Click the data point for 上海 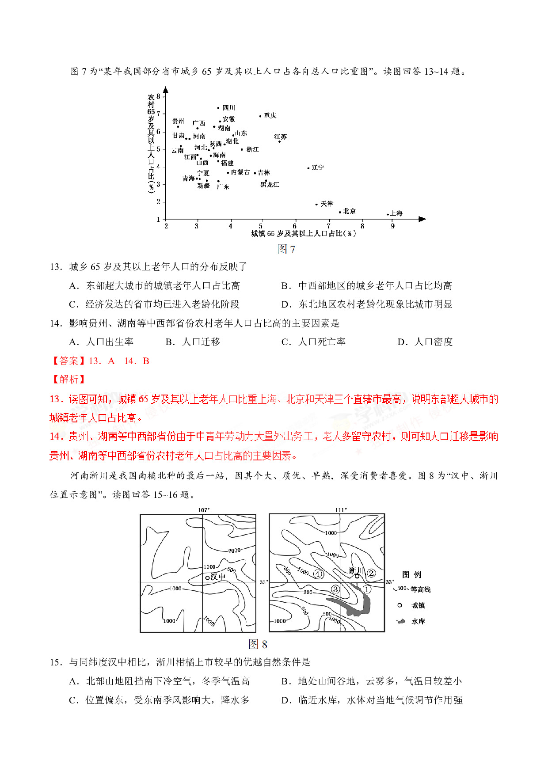(388, 214)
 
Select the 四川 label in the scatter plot (229, 107)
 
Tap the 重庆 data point (260, 116)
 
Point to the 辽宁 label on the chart (318, 167)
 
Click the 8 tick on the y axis (158, 96)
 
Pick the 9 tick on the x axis (392, 226)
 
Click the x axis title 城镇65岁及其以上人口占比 (304, 234)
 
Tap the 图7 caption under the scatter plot (286, 249)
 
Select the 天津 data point (316, 204)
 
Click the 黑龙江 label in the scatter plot (270, 184)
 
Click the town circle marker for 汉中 (207, 577)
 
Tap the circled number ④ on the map (318, 574)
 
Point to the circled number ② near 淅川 (371, 573)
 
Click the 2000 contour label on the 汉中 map (234, 550)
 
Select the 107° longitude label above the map (204, 510)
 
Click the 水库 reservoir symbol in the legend (401, 621)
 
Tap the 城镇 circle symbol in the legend (400, 605)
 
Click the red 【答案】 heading (68, 361)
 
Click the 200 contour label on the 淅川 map (308, 592)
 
